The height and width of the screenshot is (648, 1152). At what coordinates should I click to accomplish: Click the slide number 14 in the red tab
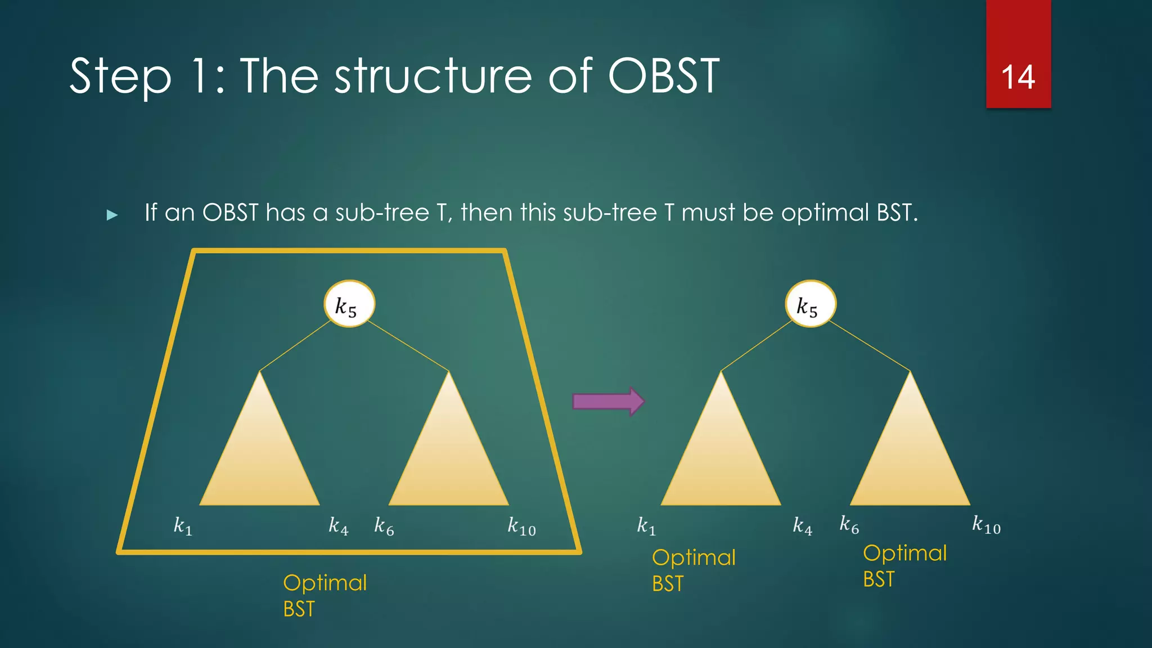pyautogui.click(x=1018, y=77)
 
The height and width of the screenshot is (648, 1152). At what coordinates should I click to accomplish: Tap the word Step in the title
pyautogui.click(x=120, y=77)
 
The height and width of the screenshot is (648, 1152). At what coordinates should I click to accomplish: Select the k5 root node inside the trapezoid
pyautogui.click(x=349, y=304)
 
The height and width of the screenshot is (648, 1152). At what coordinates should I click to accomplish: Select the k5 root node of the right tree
pyautogui.click(x=811, y=304)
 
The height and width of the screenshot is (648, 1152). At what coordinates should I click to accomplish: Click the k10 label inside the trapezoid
pyautogui.click(x=521, y=526)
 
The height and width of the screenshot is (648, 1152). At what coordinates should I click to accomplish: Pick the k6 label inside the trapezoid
pyautogui.click(x=384, y=526)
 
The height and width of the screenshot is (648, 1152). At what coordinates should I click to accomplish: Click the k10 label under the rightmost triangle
pyautogui.click(x=987, y=525)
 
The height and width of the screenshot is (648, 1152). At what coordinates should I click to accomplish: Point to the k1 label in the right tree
pyautogui.click(x=646, y=526)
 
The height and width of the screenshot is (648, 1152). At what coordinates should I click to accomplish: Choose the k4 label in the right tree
pyautogui.click(x=803, y=526)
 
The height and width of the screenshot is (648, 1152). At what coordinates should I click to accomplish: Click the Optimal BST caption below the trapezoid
pyautogui.click(x=325, y=595)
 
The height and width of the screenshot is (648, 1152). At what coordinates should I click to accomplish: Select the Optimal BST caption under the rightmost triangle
pyautogui.click(x=904, y=565)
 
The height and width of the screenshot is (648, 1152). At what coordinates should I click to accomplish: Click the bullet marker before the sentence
pyautogui.click(x=112, y=215)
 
